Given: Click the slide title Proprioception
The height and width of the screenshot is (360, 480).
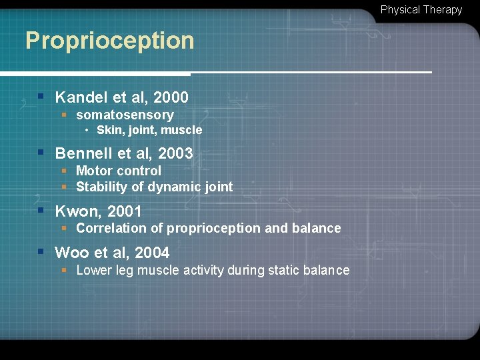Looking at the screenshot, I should [x=110, y=41].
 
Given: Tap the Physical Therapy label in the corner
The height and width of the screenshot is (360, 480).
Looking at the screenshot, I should [x=421, y=10].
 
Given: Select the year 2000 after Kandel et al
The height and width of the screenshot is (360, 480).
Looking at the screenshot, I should [x=171, y=97].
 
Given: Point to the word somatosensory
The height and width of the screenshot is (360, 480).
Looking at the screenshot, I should [x=125, y=115].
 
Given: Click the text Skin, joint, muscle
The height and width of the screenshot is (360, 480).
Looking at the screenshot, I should [x=149, y=130].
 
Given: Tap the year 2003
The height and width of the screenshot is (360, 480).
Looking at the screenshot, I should [x=175, y=153].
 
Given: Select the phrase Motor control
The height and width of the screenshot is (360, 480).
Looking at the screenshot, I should [x=119, y=171].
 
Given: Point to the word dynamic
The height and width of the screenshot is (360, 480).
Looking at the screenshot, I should [x=171, y=187].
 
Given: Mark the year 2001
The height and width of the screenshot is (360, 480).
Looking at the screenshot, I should [x=125, y=212].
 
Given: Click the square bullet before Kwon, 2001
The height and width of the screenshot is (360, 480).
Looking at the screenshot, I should [x=41, y=210].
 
